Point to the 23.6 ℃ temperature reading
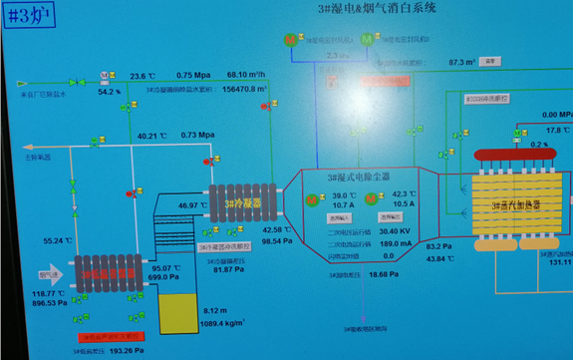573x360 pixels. click(139, 75)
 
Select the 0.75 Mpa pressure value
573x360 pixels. click(194, 75)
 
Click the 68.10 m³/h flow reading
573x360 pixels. click(255, 74)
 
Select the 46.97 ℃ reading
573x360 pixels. click(189, 205)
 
